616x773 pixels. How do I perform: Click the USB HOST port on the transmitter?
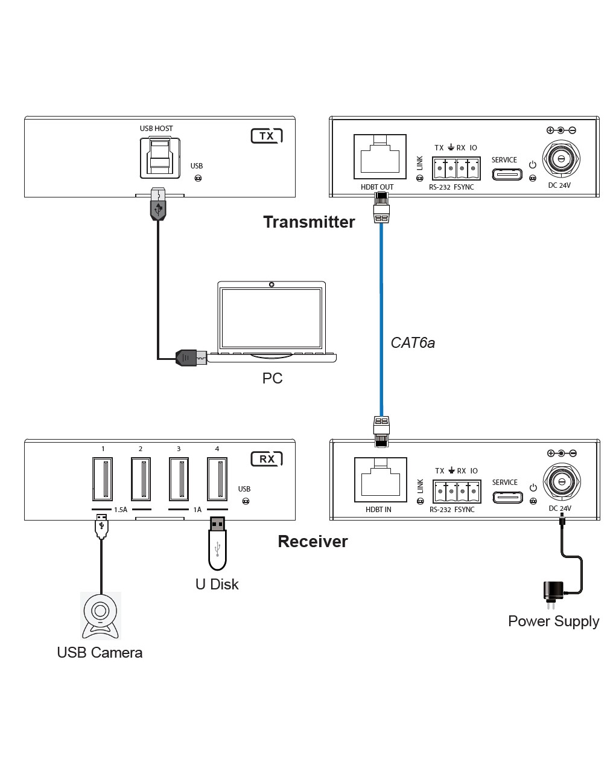[x=160, y=157]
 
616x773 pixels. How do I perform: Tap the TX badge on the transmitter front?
[x=267, y=136]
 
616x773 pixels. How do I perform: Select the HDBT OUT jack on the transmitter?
[x=380, y=157]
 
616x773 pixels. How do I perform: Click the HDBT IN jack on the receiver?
[x=380, y=480]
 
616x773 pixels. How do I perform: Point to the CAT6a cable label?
[x=413, y=343]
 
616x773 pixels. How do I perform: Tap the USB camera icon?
[x=101, y=615]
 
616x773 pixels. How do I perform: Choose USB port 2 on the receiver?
[x=141, y=479]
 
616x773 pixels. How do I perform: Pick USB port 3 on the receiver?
[x=179, y=479]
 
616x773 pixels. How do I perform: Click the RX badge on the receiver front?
[x=267, y=459]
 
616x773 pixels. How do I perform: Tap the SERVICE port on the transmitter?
[x=507, y=174]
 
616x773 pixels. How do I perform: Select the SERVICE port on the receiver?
[x=507, y=497]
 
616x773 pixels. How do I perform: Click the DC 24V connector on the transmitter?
[x=561, y=159]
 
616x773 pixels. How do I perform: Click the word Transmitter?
[x=309, y=222]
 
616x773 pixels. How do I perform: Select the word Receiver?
[x=313, y=541]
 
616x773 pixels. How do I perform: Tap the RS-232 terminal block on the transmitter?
[x=457, y=168]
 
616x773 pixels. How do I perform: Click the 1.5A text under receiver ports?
[x=121, y=510]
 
